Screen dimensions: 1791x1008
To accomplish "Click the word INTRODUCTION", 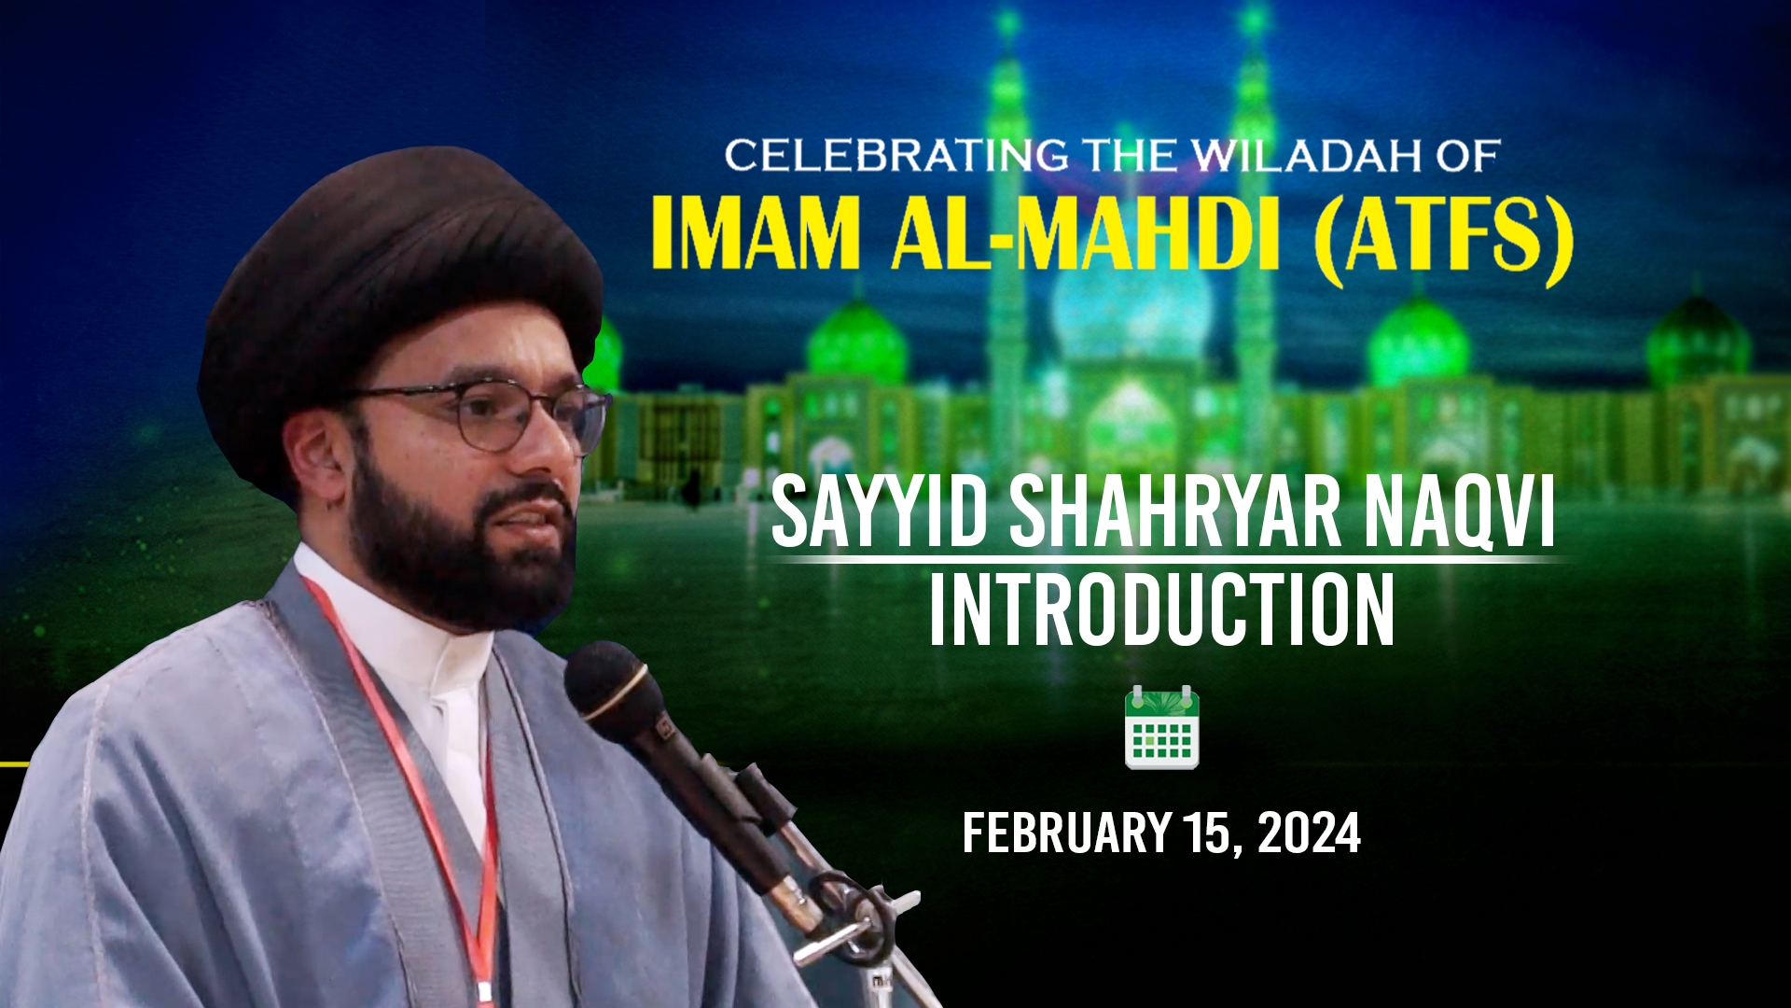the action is [1161, 610].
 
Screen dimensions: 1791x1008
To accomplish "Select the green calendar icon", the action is [1161, 727].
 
